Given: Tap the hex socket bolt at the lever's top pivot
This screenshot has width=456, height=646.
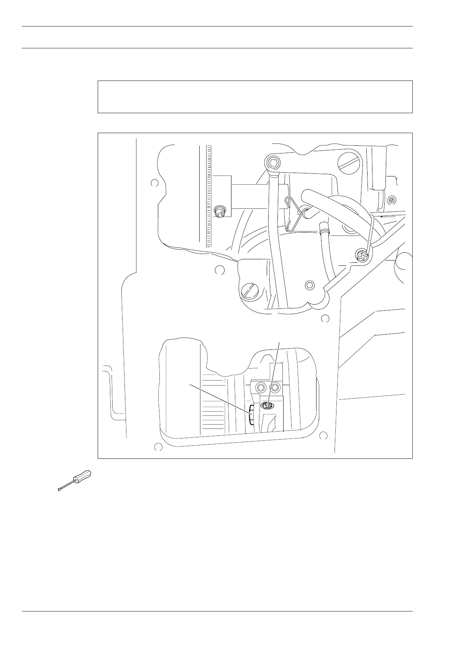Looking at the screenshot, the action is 272,164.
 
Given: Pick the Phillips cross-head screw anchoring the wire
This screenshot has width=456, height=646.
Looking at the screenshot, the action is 362,256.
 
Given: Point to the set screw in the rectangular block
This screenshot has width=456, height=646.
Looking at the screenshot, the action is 220,212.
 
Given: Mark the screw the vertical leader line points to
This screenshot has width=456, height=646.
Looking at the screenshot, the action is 267,405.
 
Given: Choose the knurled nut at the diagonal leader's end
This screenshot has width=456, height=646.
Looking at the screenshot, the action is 251,415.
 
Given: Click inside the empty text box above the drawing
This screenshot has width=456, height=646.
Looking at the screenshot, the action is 255,97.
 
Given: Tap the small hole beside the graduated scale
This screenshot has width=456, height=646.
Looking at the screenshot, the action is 154,183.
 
